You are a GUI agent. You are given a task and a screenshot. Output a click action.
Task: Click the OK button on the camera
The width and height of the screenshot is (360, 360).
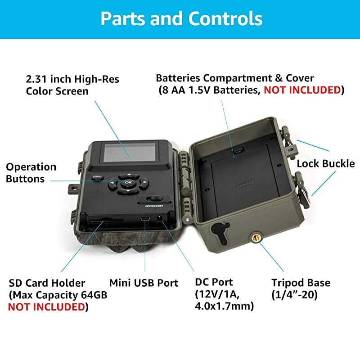[x=128, y=183]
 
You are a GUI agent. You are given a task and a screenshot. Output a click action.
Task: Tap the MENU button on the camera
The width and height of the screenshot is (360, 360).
[x=97, y=177]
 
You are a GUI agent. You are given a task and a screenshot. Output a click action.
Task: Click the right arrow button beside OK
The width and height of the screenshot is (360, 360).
[x=144, y=183]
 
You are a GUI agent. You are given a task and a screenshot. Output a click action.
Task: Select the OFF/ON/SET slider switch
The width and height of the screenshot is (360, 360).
[x=154, y=199]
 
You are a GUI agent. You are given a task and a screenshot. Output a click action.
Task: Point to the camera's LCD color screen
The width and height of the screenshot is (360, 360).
[x=130, y=152]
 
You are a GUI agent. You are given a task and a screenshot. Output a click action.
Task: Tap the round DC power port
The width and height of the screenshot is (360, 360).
[x=159, y=218]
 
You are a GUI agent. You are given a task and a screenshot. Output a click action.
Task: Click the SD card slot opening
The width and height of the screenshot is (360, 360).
[x=106, y=220]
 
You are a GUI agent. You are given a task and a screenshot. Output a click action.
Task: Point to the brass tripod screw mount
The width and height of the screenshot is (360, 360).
[x=256, y=238]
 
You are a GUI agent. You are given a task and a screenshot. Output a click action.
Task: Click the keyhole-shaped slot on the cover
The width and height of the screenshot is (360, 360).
[x=220, y=232]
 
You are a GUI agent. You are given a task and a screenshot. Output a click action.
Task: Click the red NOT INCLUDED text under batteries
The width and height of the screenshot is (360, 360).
[x=302, y=90]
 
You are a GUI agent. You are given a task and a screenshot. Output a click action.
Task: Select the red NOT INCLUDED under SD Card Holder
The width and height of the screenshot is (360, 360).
[x=47, y=307]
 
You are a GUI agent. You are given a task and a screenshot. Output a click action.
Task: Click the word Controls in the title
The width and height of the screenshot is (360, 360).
[x=225, y=18]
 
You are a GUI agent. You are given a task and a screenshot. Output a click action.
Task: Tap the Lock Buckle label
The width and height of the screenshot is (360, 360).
[x=325, y=164]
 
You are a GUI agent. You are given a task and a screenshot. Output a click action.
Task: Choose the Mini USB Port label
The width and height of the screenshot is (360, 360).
[x=144, y=283]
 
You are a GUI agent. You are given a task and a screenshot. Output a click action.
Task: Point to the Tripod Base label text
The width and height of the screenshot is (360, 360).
[x=301, y=283]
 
